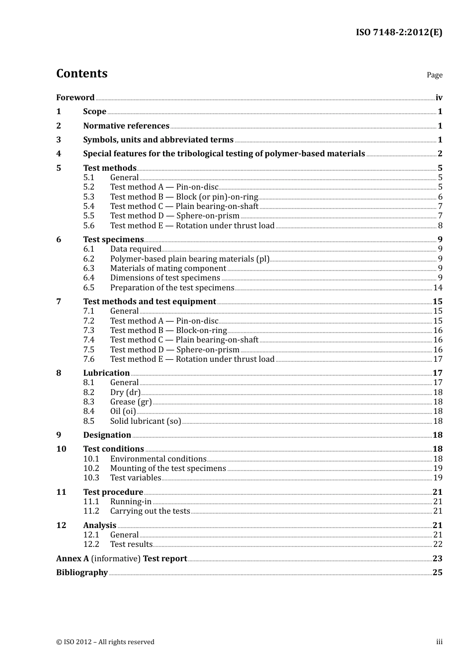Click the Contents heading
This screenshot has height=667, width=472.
coord(81,73)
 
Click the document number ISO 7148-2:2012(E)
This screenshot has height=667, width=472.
coord(398,33)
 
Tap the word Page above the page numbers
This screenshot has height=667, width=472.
coord(434,75)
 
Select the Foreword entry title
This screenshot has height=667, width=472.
coord(75,98)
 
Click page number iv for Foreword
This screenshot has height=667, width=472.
coord(439,98)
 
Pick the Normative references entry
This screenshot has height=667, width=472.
coord(126,126)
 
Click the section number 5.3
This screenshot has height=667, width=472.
coord(89,197)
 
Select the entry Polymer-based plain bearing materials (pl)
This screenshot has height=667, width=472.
coord(189,259)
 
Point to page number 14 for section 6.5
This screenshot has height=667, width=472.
coord(438,288)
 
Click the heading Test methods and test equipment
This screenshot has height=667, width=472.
coord(149,302)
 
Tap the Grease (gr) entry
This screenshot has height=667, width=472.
coord(131,402)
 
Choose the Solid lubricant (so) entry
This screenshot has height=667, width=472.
coord(145,421)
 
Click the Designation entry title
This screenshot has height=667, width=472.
coord(107,435)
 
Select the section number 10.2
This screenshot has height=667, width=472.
coord(91,468)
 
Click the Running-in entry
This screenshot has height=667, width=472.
coord(131,502)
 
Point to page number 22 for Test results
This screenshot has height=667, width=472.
coord(438,544)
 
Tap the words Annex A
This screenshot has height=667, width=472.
coord(73,559)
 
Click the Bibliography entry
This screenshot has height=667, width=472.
coord(82,573)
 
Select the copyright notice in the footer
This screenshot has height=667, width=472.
coord(105,642)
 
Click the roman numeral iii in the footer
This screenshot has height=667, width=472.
coord(439,642)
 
